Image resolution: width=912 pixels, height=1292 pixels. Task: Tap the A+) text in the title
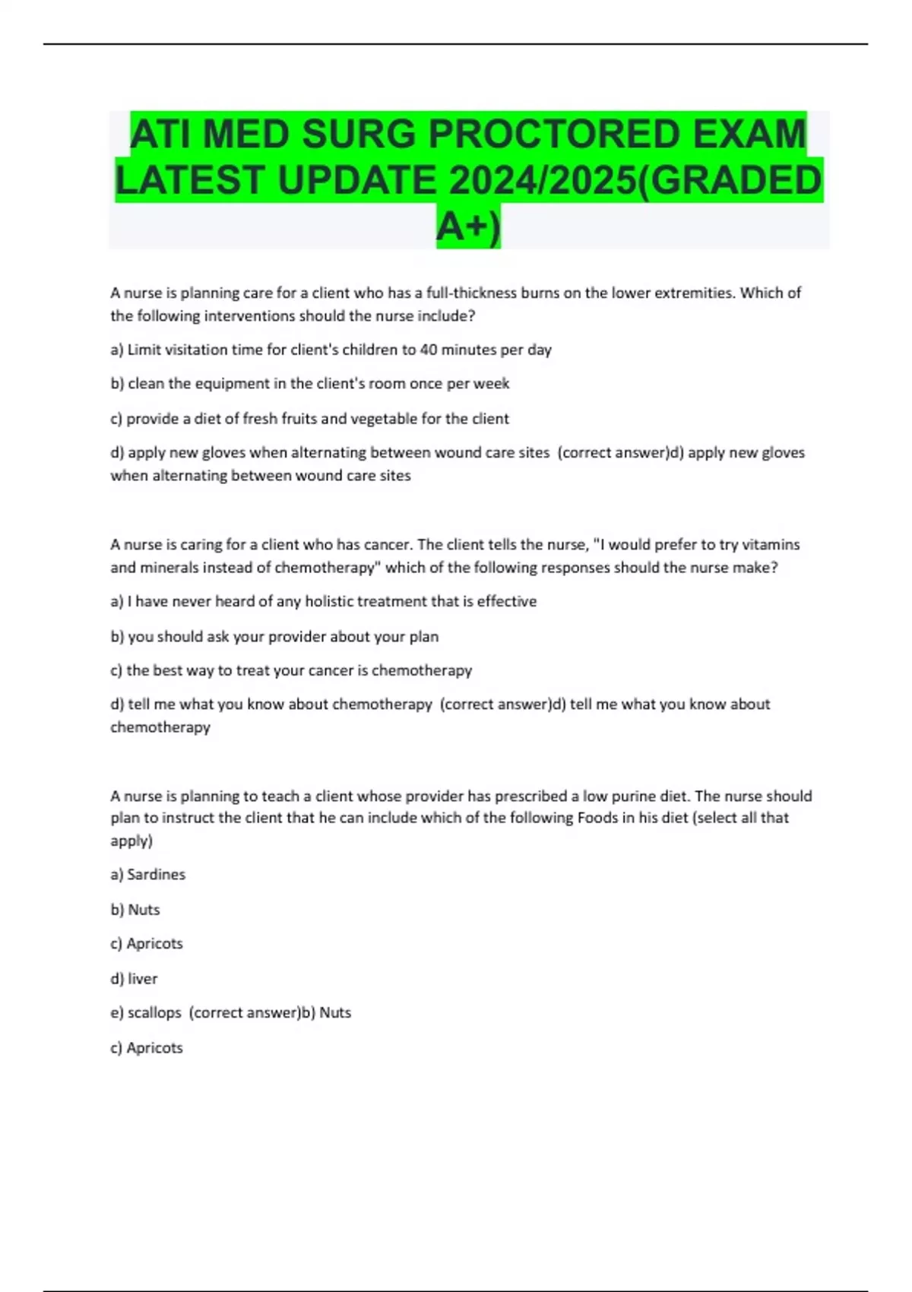(x=469, y=226)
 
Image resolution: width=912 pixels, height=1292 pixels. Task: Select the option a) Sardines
(x=148, y=875)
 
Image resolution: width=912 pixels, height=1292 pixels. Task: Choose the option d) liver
(x=135, y=978)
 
